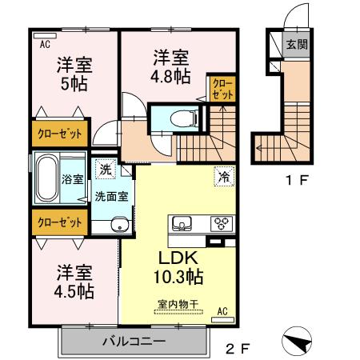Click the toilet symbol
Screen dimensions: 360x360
(x=184, y=118)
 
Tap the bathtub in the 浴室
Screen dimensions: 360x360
(x=47, y=178)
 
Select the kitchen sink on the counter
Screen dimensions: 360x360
(x=182, y=223)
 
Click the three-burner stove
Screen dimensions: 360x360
(x=222, y=223)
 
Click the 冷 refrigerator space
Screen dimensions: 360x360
(x=225, y=176)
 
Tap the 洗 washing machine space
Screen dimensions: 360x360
(x=106, y=170)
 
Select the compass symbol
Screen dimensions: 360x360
(x=297, y=341)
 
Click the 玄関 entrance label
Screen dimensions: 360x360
(x=297, y=45)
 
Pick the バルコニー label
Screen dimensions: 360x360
(x=134, y=341)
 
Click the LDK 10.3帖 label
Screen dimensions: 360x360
(x=178, y=267)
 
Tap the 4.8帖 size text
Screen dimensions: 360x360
(x=170, y=77)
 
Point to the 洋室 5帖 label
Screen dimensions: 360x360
(x=74, y=74)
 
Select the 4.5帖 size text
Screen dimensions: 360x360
(x=74, y=292)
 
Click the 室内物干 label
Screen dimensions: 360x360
(x=178, y=304)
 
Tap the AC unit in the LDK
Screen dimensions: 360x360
(x=222, y=319)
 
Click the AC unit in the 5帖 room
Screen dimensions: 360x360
(x=45, y=35)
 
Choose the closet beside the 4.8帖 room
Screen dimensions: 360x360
(x=222, y=89)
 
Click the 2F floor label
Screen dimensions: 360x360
(x=238, y=348)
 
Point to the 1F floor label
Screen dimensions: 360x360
(x=297, y=180)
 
